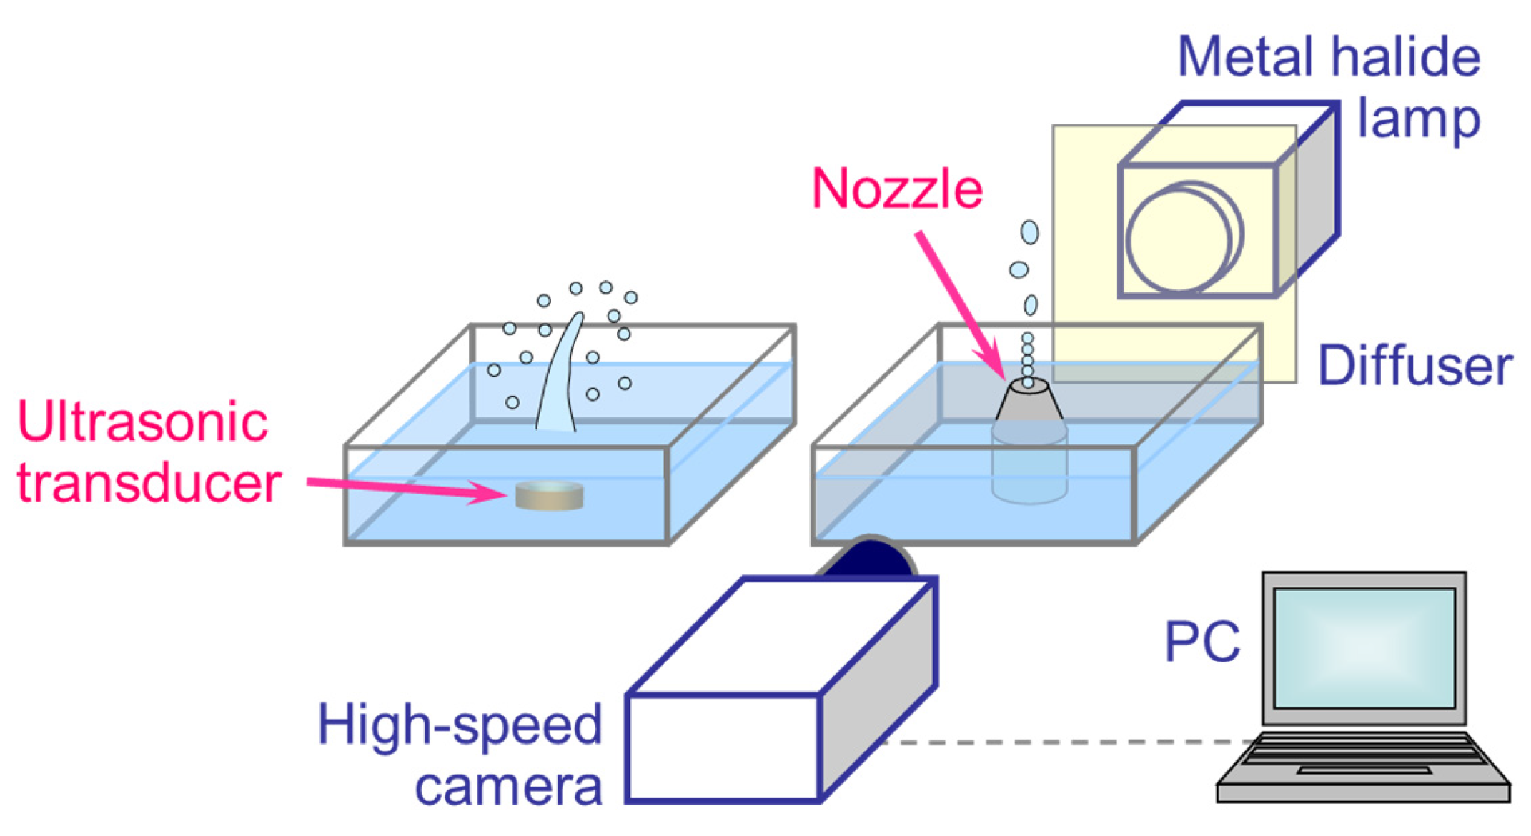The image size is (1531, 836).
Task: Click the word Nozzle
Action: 897,189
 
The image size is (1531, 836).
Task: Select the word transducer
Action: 149,484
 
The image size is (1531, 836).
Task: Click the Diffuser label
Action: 1414,367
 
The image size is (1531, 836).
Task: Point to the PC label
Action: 1202,642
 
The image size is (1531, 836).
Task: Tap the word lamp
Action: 1418,119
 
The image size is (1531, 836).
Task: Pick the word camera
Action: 508,787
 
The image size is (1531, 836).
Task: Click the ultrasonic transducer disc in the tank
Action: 549,496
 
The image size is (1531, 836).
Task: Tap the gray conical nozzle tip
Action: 1029,401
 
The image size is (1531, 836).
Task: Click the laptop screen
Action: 1364,648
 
